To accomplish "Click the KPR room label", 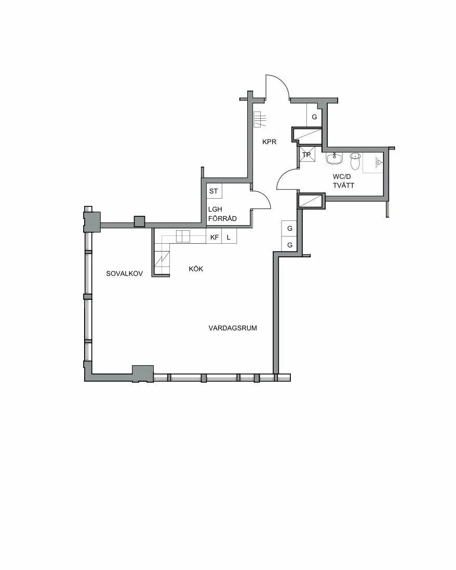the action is point(270,142).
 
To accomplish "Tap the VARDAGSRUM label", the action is point(233,328).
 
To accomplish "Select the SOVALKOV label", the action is point(125,274).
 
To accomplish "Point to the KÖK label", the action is point(196,269).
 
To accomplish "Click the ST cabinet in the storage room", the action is point(214,191).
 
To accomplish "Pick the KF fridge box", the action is point(214,237).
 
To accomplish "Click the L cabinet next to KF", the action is point(229,237).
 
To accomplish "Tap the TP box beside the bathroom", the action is point(307,155).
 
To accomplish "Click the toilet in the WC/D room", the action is point(354,161).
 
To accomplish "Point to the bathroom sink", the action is point(334,159).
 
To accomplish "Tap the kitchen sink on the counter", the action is point(183,237).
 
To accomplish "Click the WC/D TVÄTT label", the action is point(343,181).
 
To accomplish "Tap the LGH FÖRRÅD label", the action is point(222,214).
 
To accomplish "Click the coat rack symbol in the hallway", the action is point(260,119).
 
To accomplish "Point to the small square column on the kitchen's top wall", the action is point(139,221).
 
